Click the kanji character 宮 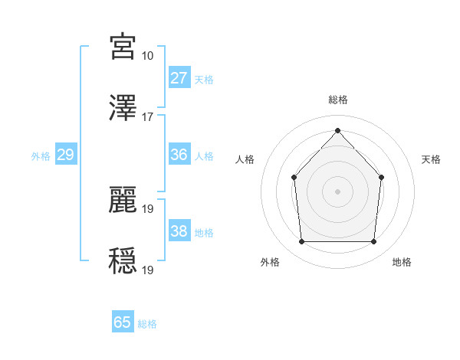pos(123,47)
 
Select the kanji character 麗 pos(123,198)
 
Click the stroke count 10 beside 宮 pos(147,56)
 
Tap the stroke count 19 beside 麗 pos(147,208)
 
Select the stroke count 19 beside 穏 pos(147,269)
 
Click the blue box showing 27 pos(179,78)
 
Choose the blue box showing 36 pos(179,155)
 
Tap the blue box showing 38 pos(179,231)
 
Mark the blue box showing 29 pos(65,155)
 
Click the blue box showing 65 pos(123,322)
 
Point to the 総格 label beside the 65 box pos(147,324)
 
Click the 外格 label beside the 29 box pos(41,156)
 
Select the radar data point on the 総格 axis pos(337,130)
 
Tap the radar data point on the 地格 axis pos(373,242)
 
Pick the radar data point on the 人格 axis pos(294,178)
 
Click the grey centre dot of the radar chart pos(337,191)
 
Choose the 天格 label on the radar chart pos(431,159)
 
